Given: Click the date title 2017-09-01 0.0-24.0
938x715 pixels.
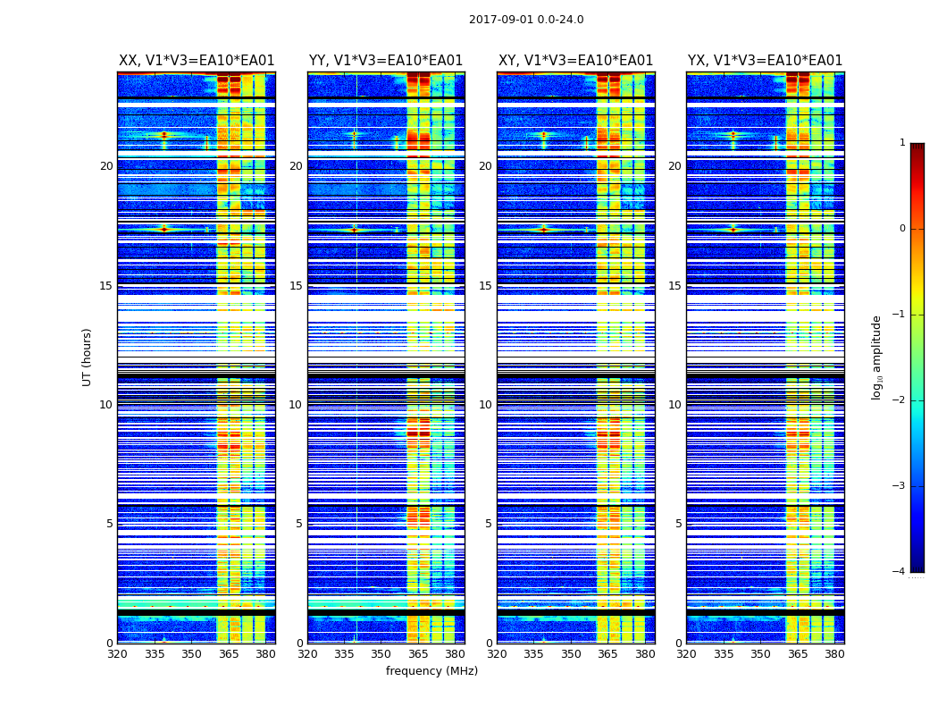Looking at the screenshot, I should (x=526, y=20).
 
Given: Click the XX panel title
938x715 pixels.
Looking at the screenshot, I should (x=197, y=61).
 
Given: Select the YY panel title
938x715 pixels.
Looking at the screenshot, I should (x=386, y=61).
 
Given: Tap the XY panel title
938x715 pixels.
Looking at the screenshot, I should (x=575, y=61).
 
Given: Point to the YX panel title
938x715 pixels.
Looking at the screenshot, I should (x=765, y=61).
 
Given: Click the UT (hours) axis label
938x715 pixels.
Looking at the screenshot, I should (x=87, y=357).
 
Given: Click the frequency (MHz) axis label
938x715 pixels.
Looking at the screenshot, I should (x=431, y=671).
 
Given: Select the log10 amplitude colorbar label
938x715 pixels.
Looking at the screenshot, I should (x=877, y=357).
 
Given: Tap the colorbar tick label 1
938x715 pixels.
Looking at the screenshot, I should (x=902, y=143).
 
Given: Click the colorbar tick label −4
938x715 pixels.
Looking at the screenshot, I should (x=900, y=572).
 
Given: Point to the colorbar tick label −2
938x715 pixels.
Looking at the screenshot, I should (x=900, y=400).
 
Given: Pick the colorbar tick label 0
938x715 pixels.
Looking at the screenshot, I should (x=902, y=229).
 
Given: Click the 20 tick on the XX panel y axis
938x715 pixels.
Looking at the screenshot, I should (x=106, y=166).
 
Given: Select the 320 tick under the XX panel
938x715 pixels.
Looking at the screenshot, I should (x=117, y=654).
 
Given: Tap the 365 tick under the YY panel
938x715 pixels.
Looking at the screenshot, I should (x=418, y=654).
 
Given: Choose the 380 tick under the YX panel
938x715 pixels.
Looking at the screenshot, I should (x=834, y=654).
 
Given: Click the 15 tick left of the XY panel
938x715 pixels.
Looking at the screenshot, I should (x=485, y=286).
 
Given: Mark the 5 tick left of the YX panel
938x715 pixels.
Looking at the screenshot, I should (x=678, y=524).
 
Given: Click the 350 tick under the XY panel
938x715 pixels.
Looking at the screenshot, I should (x=571, y=654).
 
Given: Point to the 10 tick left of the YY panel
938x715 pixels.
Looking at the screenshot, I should (x=296, y=405).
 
